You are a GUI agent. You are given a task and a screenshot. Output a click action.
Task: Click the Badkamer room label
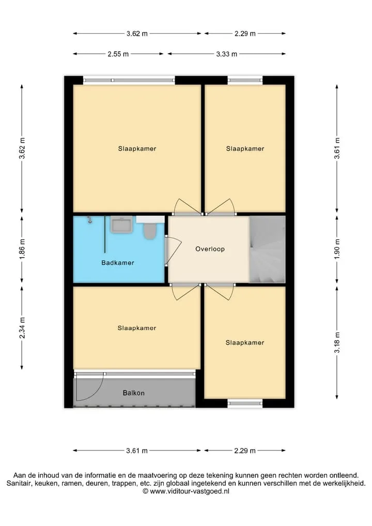(x=118, y=263)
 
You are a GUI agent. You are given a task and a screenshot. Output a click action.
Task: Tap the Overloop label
(x=210, y=249)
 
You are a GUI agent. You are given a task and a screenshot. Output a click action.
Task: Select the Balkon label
(x=133, y=393)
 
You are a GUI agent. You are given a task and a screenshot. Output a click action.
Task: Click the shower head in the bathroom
(x=89, y=220)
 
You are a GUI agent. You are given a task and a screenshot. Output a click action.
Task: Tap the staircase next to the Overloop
(x=267, y=249)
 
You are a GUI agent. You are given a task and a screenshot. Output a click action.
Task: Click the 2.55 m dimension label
(x=118, y=54)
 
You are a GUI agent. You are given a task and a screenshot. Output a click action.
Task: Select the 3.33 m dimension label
(x=226, y=54)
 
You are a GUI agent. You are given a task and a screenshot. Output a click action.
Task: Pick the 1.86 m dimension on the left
(x=22, y=249)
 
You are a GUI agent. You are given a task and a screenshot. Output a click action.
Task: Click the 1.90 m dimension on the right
(x=337, y=249)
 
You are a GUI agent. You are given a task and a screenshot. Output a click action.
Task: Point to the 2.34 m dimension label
(x=22, y=328)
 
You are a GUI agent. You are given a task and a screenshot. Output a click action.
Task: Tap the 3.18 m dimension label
(x=337, y=342)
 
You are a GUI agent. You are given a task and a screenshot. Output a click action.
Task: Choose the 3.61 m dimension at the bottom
(x=137, y=450)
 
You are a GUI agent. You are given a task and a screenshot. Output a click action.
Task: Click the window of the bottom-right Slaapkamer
(x=245, y=403)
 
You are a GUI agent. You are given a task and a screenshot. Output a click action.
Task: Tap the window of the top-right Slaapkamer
(x=245, y=80)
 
